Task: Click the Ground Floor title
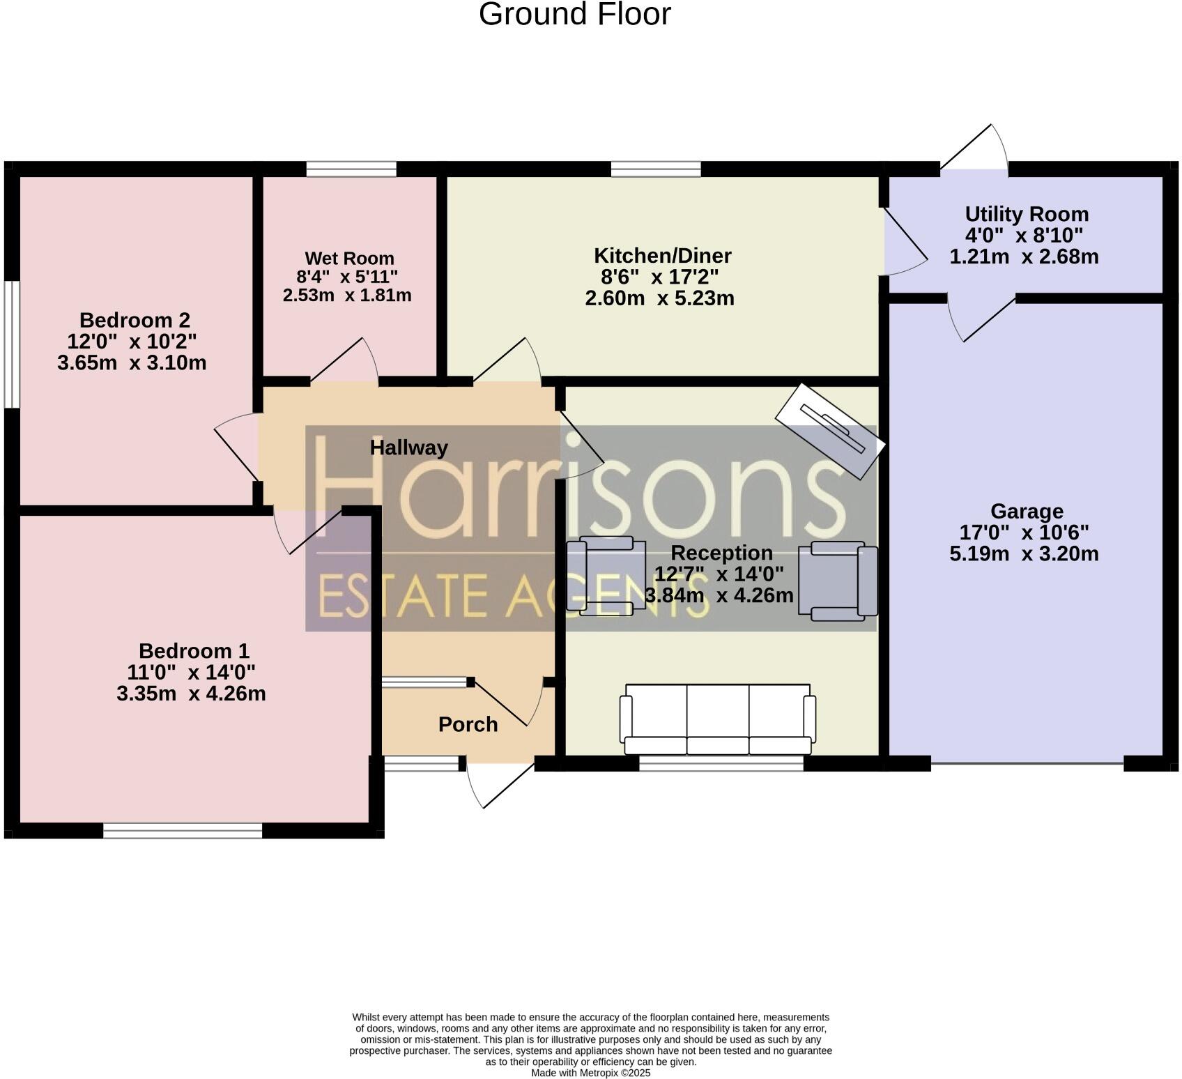574,14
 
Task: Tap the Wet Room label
349,259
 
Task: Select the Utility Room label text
1026,214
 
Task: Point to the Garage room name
1027,512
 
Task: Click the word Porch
468,725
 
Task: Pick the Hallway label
408,447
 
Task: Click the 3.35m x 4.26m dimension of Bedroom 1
191,694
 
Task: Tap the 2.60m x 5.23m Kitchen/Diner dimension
659,298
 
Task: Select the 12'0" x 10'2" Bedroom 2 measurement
132,342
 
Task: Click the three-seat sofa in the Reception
718,719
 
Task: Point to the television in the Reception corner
830,430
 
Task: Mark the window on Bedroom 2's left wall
12,344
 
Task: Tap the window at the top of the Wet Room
351,169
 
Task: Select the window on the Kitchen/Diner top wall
656,169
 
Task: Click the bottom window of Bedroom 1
183,830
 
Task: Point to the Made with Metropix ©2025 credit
590,1073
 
